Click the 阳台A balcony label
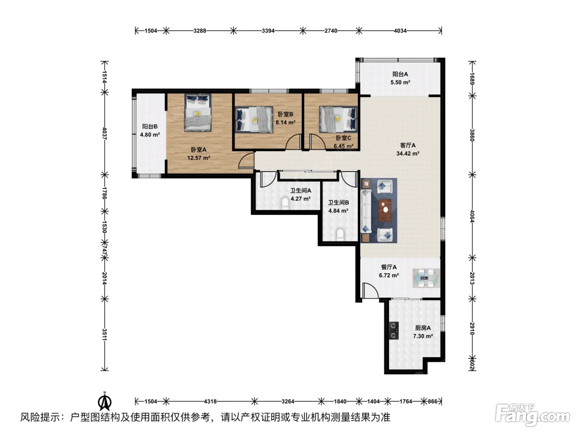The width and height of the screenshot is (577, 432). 400,74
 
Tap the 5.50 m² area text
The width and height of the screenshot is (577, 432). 400,82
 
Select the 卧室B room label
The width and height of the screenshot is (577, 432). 285,114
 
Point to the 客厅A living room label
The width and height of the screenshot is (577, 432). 408,145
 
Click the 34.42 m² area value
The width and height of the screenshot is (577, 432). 408,153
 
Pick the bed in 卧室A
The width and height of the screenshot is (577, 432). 198,112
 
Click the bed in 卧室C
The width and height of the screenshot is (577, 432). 338,119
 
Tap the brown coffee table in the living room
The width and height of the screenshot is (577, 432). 385,210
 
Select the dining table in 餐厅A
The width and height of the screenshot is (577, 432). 426,278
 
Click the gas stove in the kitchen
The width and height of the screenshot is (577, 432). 394,330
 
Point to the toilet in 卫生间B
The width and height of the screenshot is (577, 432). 340,234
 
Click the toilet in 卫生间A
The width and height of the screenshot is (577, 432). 285,204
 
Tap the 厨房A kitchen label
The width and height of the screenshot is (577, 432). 423,328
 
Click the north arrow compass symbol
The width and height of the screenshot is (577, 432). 105,402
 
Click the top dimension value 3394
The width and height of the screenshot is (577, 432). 268,31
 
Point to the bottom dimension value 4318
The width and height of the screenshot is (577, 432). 210,401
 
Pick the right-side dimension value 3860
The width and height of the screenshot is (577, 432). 472,135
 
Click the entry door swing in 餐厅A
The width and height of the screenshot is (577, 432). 370,290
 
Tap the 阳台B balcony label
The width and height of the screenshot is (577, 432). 150,126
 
